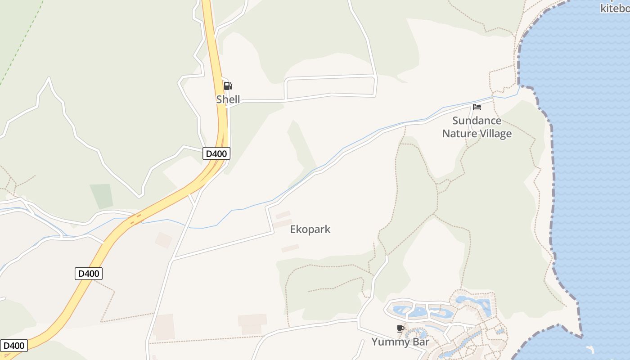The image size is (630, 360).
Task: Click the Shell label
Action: pyautogui.click(x=228, y=99)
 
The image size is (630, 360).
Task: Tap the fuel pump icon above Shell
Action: pyautogui.click(x=228, y=86)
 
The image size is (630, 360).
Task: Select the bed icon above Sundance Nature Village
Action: pyautogui.click(x=477, y=107)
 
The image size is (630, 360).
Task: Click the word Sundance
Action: pyautogui.click(x=477, y=121)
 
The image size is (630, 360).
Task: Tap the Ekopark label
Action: pyautogui.click(x=310, y=229)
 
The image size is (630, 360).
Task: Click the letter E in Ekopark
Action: pyautogui.click(x=293, y=229)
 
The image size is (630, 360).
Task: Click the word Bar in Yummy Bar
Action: pyautogui.click(x=419, y=342)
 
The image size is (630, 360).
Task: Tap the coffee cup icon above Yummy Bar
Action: pyautogui.click(x=400, y=329)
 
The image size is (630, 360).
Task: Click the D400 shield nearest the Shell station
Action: pyautogui.click(x=216, y=153)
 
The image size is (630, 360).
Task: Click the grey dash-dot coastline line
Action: pyautogui.click(x=551, y=180)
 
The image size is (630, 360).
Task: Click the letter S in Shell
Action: pyautogui.click(x=219, y=99)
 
